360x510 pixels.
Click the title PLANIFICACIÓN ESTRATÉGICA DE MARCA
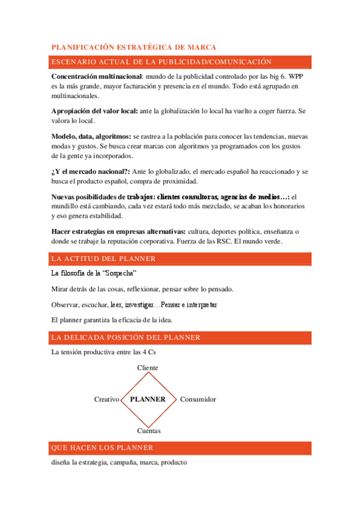pos(134,47)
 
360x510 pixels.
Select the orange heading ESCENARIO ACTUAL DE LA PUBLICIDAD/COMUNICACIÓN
pos(162,61)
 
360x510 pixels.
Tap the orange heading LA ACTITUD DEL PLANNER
pos(104,259)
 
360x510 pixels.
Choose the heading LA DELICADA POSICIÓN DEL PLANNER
pos(126,337)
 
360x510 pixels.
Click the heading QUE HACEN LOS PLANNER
pos(102,448)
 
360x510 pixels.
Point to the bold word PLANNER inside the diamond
pos(148,399)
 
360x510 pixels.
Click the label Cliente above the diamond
pos(148,367)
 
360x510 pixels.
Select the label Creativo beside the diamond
pos(106,399)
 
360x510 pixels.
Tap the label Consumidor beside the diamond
pos(198,399)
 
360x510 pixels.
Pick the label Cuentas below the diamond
pos(148,431)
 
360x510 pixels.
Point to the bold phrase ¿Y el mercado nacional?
pos(91,172)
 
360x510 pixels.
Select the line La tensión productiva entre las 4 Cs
pos(99,352)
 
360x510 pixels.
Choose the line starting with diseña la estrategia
pos(119,462)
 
